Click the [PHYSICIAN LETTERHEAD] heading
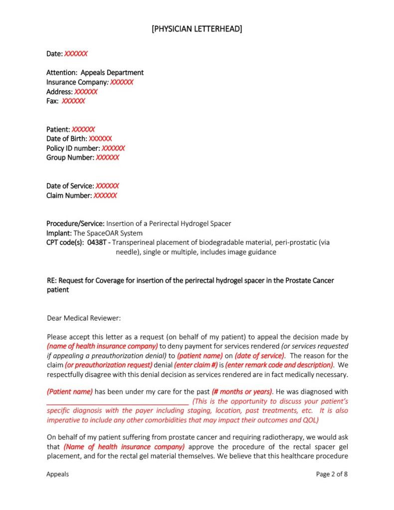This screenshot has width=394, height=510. [x=197, y=29]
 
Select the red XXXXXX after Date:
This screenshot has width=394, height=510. [x=76, y=53]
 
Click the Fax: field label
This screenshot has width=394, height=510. [x=53, y=101]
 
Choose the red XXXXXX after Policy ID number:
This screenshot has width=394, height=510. [x=113, y=148]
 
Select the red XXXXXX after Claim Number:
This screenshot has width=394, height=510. [x=105, y=195]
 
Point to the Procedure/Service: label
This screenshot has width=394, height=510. [x=75, y=224]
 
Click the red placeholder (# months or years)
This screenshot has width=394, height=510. [x=242, y=392]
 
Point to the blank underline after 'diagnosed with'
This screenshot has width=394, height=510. [x=117, y=402]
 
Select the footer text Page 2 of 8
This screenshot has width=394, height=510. [x=332, y=475]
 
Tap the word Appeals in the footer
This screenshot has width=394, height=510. [x=58, y=475]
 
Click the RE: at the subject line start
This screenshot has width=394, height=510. [x=52, y=281]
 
